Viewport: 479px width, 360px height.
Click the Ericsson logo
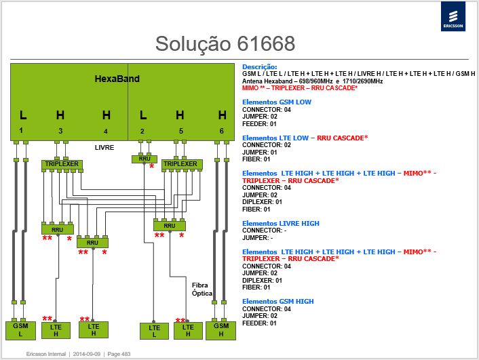pos(453,16)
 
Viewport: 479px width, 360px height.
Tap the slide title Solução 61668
pos(225,43)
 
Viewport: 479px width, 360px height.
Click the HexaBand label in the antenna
pos(117,79)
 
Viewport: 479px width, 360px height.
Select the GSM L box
pos(21,330)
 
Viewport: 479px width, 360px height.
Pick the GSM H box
pos(221,330)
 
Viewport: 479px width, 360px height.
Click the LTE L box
pos(154,331)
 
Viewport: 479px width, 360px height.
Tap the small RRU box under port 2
pos(145,159)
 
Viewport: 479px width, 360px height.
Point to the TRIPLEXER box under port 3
pos(62,165)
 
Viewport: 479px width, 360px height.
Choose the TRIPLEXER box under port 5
pos(182,164)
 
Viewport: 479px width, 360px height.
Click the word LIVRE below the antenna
pos(104,148)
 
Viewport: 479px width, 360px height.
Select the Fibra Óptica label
pos(202,289)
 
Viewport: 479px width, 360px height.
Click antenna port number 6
pos(221,131)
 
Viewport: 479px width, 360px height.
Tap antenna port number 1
pos(21,130)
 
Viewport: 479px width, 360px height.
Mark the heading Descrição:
pos(260,67)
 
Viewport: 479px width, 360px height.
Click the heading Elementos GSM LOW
pos(277,102)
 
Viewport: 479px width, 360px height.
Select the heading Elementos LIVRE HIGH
pos(281,224)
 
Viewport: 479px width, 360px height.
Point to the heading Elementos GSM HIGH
pos(278,302)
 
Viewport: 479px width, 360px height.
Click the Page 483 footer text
pos(119,354)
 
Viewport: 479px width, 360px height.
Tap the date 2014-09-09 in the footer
pos(86,354)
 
